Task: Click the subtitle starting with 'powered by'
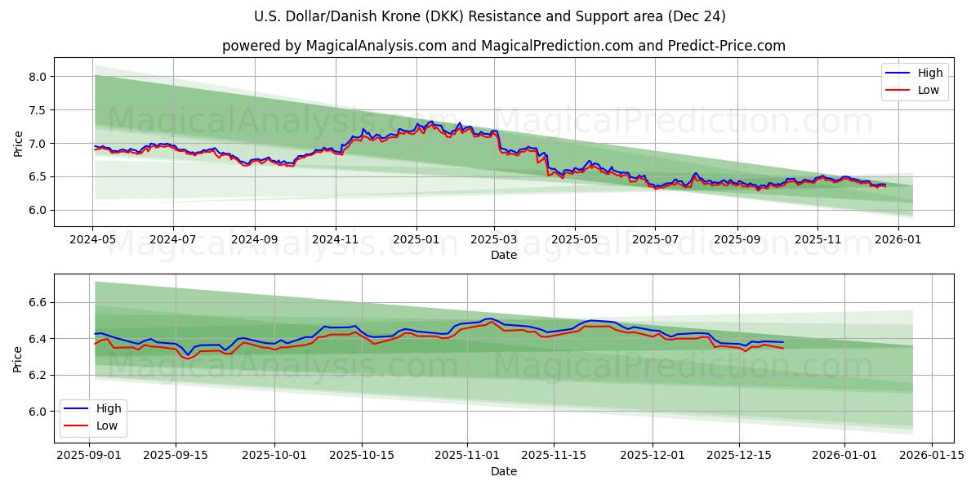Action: click(x=503, y=46)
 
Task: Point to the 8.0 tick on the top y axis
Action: click(x=38, y=77)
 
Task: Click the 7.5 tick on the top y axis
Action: click(x=38, y=110)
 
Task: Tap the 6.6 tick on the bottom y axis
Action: click(x=38, y=303)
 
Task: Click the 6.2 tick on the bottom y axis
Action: click(x=38, y=376)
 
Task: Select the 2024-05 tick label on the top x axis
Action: click(x=93, y=241)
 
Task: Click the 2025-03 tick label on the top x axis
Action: click(x=495, y=241)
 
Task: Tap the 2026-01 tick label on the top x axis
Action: click(x=898, y=241)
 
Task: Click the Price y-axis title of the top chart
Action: click(x=18, y=142)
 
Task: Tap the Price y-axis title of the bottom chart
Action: click(x=18, y=359)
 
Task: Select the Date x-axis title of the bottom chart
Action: click(x=503, y=472)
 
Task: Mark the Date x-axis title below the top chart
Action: click(x=503, y=256)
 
